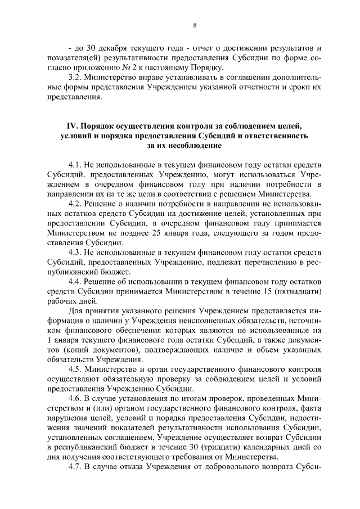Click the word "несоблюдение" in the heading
point(194,146)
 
